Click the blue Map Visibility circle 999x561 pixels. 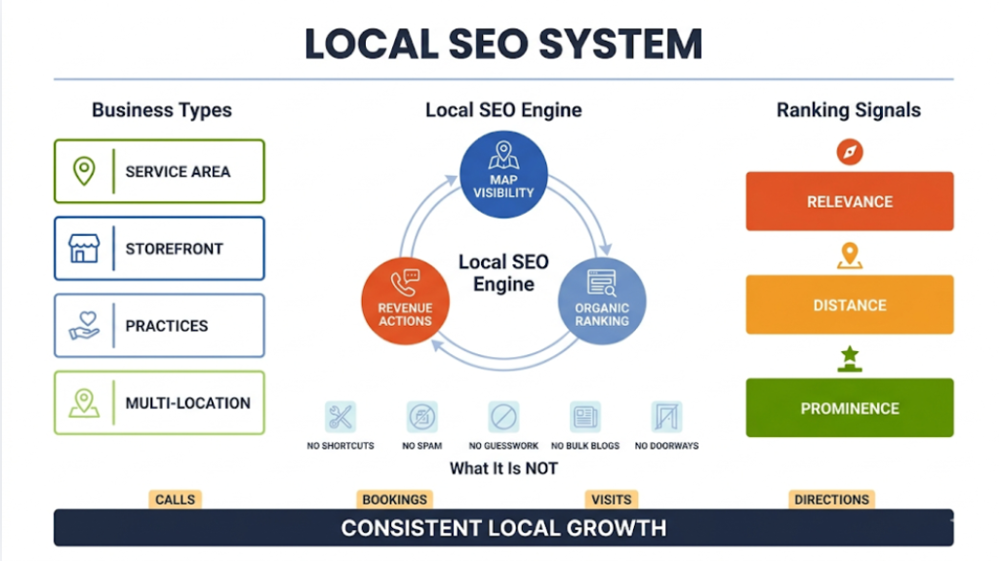point(503,169)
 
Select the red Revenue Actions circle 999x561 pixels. point(405,298)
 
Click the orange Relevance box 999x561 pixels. point(849,202)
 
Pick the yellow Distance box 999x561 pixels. point(849,305)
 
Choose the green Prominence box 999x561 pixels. point(849,408)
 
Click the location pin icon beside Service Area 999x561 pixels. point(85,171)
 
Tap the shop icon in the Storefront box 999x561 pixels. point(85,248)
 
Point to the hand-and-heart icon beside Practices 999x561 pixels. point(85,326)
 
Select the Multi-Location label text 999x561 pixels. point(187,403)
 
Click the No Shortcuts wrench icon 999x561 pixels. point(340,418)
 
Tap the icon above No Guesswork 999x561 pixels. point(503,418)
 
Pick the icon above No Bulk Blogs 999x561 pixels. point(585,418)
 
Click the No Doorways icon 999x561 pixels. point(666,418)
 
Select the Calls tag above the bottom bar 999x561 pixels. point(176,500)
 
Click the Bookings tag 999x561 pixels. point(394,500)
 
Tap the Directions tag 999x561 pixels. point(831,500)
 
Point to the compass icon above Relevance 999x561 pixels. point(850,152)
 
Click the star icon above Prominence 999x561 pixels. point(850,359)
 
